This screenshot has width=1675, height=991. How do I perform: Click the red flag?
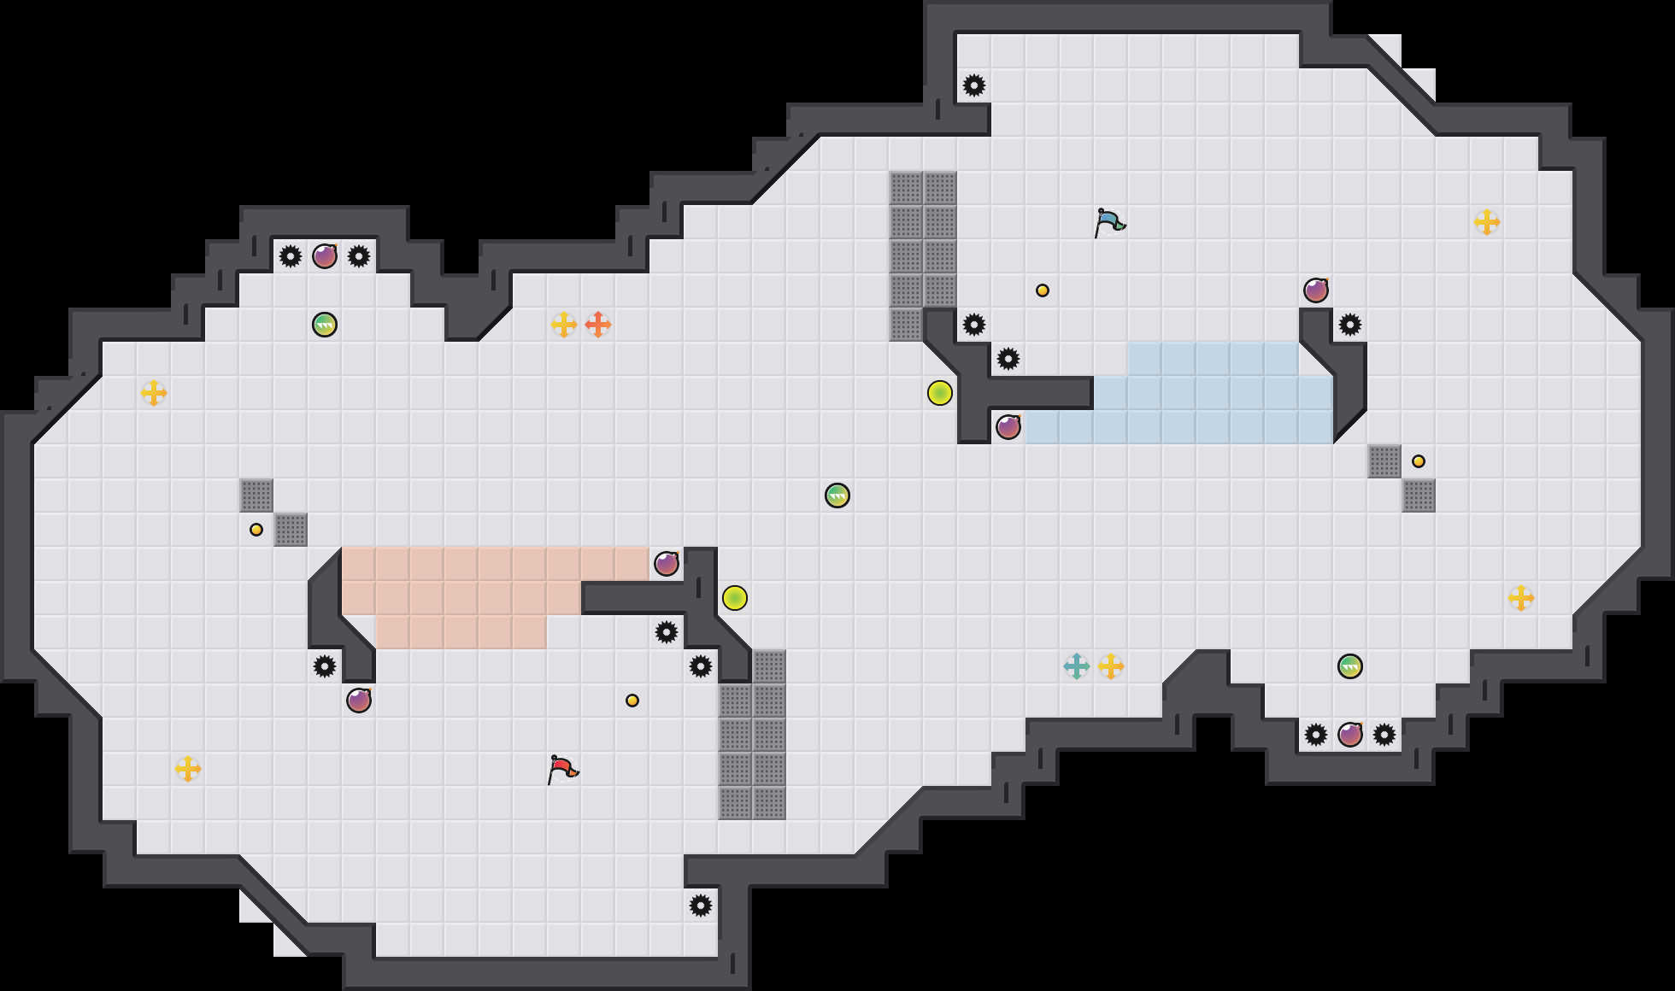(561, 769)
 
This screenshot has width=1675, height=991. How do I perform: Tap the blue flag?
(1108, 222)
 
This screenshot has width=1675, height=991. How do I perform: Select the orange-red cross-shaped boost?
(598, 325)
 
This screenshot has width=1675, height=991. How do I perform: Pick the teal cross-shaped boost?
(1077, 666)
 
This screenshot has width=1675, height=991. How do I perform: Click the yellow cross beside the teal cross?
(1111, 666)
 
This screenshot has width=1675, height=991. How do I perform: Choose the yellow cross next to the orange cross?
(564, 325)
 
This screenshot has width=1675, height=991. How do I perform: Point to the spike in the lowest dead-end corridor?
(701, 906)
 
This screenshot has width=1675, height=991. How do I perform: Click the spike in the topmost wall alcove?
(974, 85)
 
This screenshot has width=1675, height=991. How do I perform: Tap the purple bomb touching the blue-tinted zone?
(1008, 427)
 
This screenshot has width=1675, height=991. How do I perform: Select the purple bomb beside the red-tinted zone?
(667, 564)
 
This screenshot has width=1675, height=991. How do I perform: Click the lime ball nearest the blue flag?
(940, 393)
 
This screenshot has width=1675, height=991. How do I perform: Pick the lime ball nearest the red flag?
(735, 598)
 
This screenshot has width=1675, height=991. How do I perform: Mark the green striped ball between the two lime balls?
(837, 495)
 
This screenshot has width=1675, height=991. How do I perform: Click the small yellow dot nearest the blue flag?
(1043, 290)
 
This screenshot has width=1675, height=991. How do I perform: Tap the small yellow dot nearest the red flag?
(632, 701)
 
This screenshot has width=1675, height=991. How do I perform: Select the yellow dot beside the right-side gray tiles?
(1419, 461)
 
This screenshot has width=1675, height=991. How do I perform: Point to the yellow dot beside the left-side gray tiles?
(256, 530)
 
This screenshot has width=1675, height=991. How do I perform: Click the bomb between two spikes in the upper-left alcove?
(325, 256)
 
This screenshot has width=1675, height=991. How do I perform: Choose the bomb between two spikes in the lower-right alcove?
(1350, 735)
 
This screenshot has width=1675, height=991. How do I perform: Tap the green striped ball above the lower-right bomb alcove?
(1350, 666)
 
